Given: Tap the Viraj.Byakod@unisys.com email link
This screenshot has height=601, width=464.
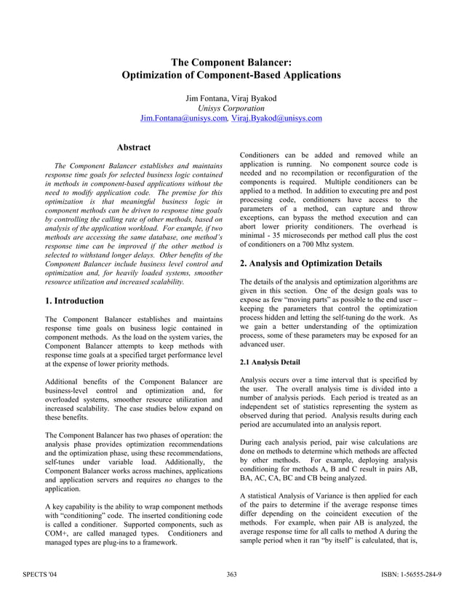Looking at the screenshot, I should point(276,119).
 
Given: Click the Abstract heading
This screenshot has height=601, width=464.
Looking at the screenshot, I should point(134,148).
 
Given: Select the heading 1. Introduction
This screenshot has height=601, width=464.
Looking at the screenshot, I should point(74,300).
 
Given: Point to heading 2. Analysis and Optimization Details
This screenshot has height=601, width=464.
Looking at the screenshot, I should point(321,263).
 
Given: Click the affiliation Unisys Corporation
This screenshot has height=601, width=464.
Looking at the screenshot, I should point(231,108).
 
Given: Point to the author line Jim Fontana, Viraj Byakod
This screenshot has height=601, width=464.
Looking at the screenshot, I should point(231,98).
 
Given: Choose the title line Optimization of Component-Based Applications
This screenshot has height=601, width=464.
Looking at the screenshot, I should point(231,75).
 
